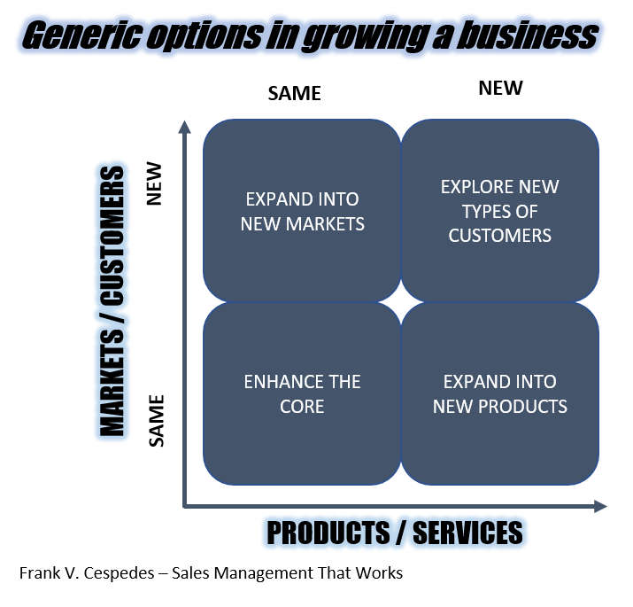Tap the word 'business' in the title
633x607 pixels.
tap(528, 35)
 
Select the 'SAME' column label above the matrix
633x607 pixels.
tap(294, 93)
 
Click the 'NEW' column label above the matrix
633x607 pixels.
tap(500, 88)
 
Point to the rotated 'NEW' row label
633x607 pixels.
tap(154, 184)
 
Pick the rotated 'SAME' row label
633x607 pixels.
tap(156, 421)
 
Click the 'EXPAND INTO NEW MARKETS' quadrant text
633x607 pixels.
tap(303, 212)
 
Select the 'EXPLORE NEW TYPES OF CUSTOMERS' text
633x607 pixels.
tap(500, 211)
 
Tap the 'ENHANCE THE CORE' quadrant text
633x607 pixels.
tap(302, 394)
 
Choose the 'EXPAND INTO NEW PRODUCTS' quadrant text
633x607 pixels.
tap(500, 394)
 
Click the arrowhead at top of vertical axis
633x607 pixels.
tap(184, 126)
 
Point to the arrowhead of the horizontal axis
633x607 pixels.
tap(601, 506)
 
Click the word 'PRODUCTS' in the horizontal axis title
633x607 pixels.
tap(328, 533)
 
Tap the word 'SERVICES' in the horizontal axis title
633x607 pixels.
tap(467, 533)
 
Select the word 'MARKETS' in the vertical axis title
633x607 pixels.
tap(112, 383)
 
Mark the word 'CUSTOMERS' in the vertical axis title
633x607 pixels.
tap(112, 235)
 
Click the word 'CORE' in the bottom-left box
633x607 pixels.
tap(302, 407)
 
